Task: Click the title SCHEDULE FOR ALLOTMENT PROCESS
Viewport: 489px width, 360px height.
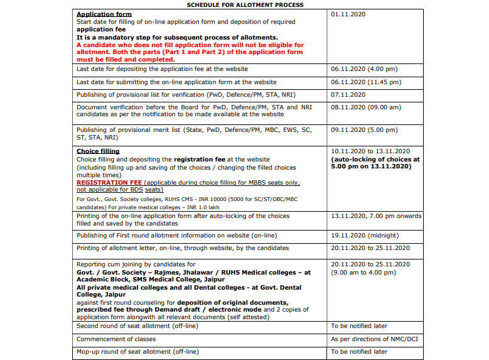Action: tap(245, 5)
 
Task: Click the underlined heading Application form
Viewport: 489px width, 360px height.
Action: tap(104, 14)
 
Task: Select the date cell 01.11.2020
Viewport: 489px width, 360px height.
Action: tap(348, 14)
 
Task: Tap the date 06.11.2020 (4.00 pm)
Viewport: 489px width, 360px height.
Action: tap(364, 69)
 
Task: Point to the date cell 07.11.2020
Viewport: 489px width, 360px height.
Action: tap(348, 95)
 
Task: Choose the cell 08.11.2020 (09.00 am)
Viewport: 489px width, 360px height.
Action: tap(366, 107)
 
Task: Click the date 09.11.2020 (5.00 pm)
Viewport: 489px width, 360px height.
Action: tap(364, 130)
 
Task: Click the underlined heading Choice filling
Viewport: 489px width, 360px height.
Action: tap(98, 151)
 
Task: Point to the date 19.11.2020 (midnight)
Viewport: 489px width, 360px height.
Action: tap(365, 236)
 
